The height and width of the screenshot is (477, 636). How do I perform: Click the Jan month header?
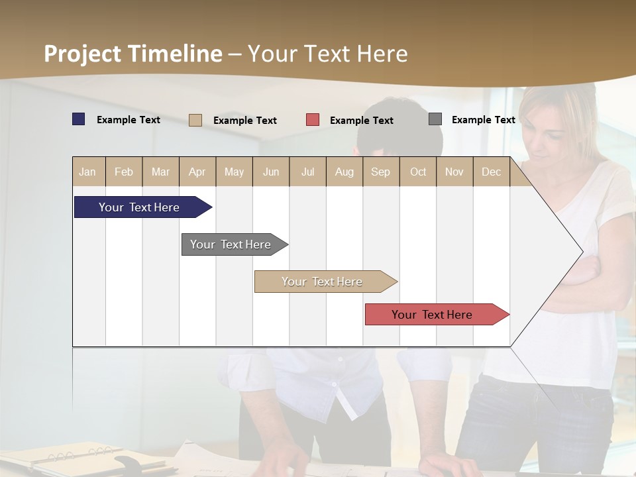pyautogui.click(x=88, y=172)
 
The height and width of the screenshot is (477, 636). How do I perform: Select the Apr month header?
pyautogui.click(x=197, y=172)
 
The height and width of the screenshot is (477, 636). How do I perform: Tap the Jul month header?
pyautogui.click(x=307, y=172)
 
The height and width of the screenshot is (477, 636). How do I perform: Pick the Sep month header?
pyautogui.click(x=380, y=172)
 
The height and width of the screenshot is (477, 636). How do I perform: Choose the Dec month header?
pyautogui.click(x=491, y=172)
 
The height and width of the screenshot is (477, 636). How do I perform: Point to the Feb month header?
pyautogui.click(x=124, y=172)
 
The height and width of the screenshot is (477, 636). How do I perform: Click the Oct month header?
pyautogui.click(x=418, y=172)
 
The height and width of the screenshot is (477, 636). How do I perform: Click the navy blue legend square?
pyautogui.click(x=79, y=119)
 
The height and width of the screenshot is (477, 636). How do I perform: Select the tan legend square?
pyautogui.click(x=195, y=120)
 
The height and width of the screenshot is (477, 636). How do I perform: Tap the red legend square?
pyautogui.click(x=313, y=120)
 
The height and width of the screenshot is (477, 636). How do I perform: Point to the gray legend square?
pyautogui.click(x=435, y=119)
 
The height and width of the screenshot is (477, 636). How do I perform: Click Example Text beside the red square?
pyautogui.click(x=362, y=121)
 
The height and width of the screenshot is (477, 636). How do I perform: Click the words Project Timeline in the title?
pyautogui.click(x=133, y=54)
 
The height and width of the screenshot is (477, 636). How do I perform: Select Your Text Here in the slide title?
pyautogui.click(x=328, y=54)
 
